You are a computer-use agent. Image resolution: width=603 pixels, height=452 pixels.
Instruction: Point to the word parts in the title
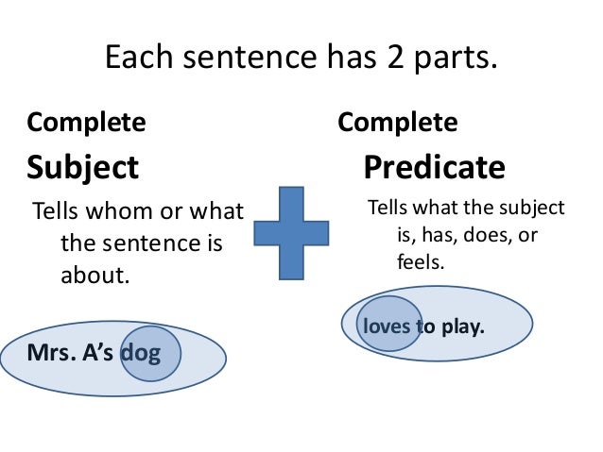point(462,61)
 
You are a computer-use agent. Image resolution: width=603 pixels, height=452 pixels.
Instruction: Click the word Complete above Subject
point(87,123)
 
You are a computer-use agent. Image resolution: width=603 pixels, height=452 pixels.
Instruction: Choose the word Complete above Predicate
point(398,123)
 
